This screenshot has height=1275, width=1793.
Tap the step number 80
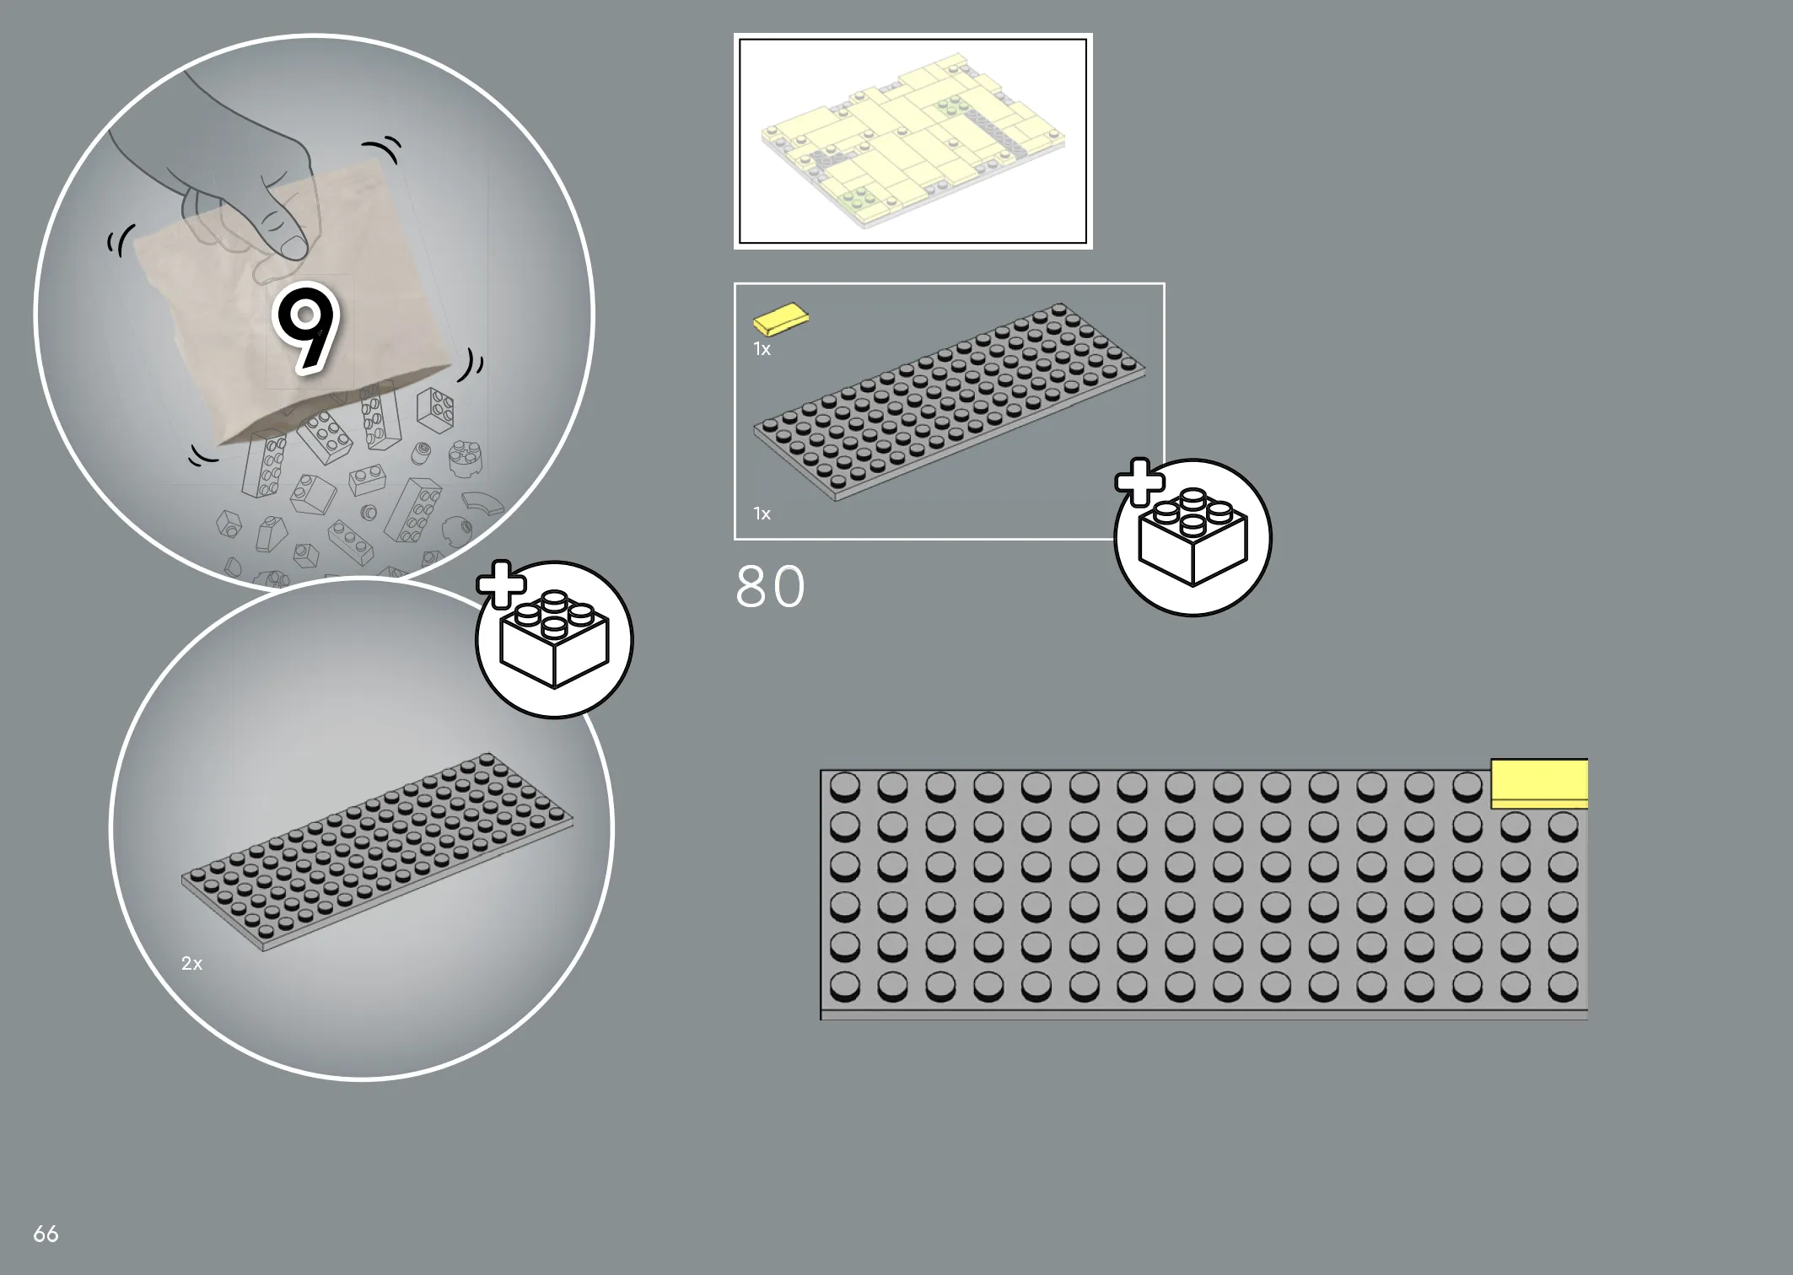(770, 587)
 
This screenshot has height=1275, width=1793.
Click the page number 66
(46, 1234)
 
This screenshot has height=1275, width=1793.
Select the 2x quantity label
(191, 963)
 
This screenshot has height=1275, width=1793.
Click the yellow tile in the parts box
(781, 319)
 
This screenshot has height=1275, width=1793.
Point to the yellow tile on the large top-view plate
(1539, 784)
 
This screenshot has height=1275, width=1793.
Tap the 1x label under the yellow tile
(762, 349)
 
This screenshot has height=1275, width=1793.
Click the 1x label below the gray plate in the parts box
(762, 514)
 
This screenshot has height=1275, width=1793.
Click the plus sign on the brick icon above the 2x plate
(502, 584)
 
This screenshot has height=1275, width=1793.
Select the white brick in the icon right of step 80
(1193, 537)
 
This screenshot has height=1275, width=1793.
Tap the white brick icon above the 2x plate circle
(554, 639)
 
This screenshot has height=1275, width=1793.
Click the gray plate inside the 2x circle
(377, 852)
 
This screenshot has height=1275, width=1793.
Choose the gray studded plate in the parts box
(950, 402)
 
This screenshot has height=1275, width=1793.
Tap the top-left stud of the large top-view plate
(845, 788)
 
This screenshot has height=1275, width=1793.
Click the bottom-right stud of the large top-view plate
(1564, 986)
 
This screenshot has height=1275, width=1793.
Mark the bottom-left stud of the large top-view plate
(845, 986)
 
